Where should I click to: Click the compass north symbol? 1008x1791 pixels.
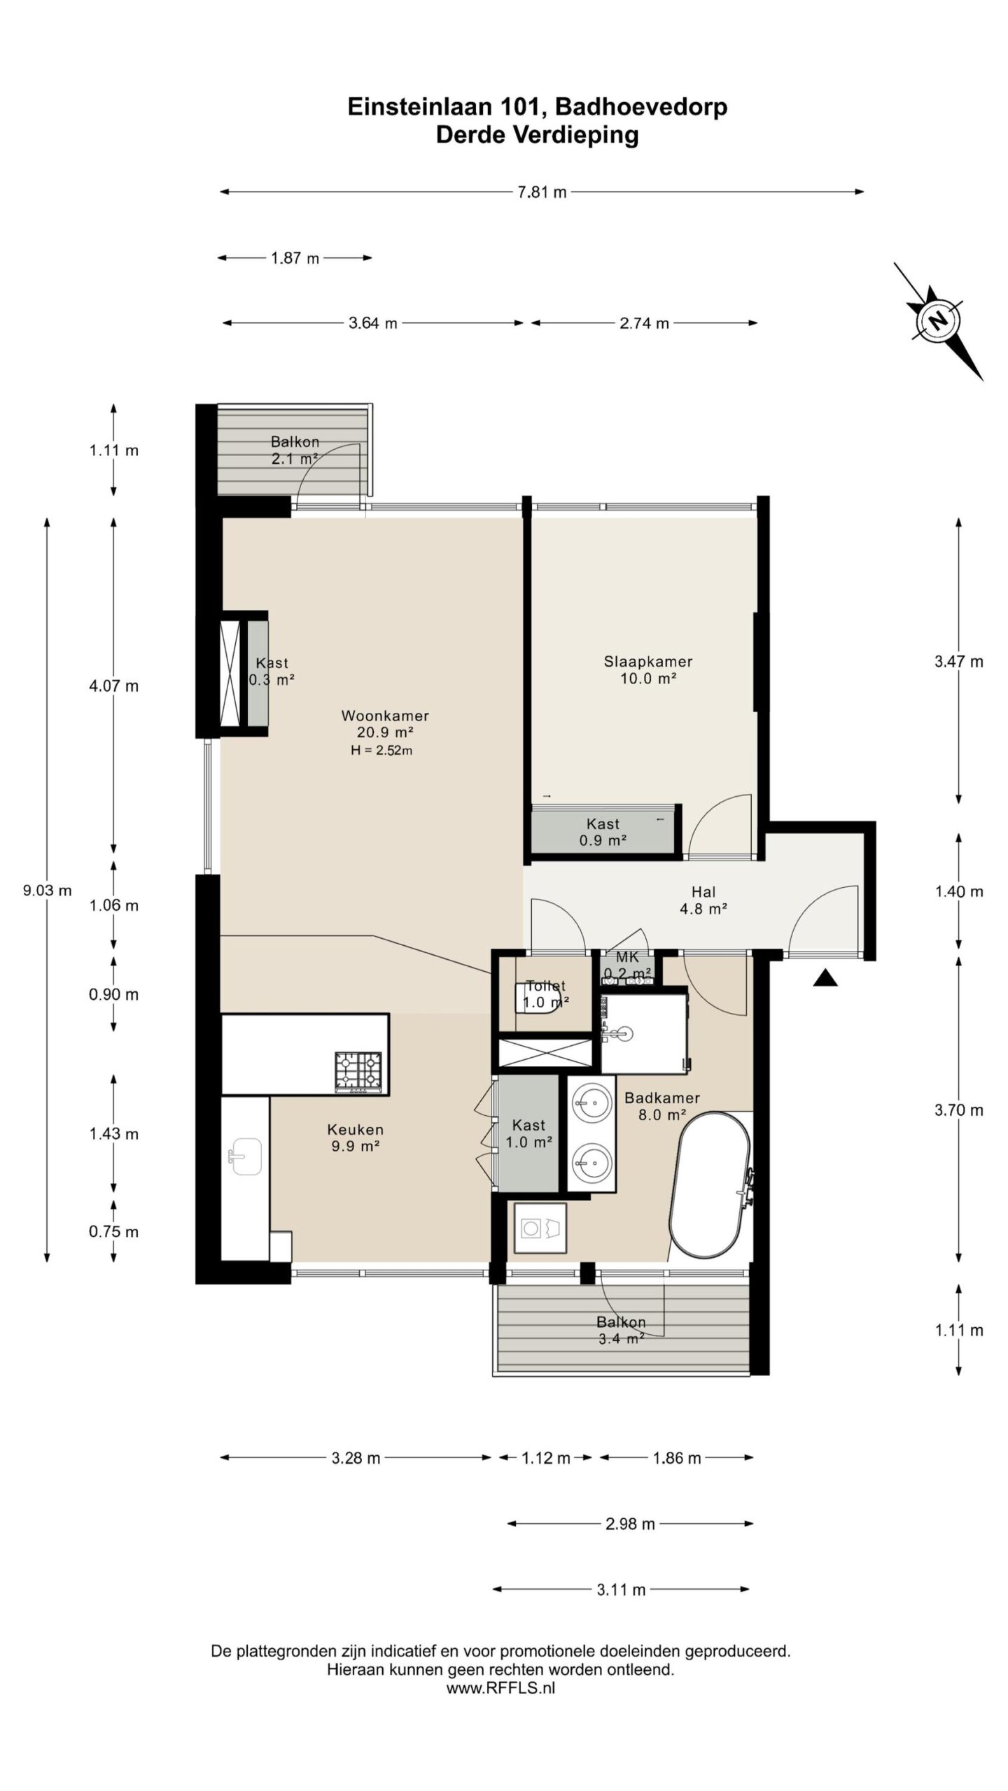tap(937, 321)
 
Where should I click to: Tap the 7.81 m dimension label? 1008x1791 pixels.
tap(542, 192)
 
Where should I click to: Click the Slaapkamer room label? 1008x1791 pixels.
tap(648, 670)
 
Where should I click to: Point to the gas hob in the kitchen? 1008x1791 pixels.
tap(358, 1071)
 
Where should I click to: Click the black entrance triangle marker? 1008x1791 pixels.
tap(825, 977)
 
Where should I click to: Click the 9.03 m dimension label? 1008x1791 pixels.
tap(47, 891)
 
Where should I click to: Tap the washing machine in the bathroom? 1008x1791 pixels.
tap(540, 1228)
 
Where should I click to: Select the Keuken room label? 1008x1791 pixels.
tap(355, 1138)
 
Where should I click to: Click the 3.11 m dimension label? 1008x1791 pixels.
tap(621, 1590)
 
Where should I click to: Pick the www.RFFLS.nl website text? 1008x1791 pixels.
tap(500, 1687)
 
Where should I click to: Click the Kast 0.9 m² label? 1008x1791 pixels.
tap(603, 832)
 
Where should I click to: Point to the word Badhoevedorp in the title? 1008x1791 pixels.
tap(640, 106)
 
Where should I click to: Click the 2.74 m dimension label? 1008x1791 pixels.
tap(644, 323)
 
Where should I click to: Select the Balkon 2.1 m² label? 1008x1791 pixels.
tap(295, 451)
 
